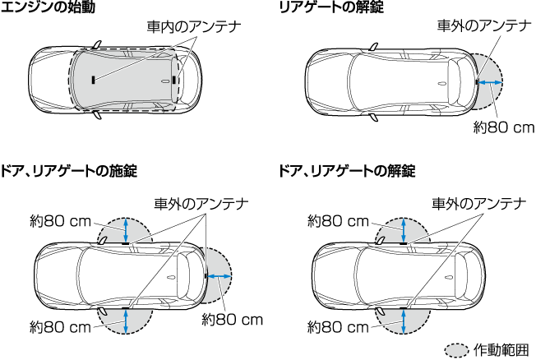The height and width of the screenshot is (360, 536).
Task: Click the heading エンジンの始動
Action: [x=53, y=9]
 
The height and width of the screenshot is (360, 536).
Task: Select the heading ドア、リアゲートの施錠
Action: [x=71, y=171]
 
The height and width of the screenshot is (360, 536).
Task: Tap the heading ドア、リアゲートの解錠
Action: [x=347, y=171]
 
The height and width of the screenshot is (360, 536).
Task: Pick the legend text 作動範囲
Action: [x=501, y=349]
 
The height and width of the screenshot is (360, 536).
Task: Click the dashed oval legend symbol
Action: [x=456, y=349]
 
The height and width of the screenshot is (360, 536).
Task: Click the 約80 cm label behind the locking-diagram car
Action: [x=233, y=319]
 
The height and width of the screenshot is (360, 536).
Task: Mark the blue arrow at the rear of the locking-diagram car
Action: [x=218, y=277]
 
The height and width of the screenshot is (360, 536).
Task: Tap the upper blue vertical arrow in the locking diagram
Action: [x=125, y=230]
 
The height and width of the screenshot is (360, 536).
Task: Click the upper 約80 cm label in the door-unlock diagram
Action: [x=339, y=220]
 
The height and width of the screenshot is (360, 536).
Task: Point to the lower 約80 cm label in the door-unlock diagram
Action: [x=339, y=326]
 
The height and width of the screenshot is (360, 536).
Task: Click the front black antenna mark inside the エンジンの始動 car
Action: [x=94, y=80]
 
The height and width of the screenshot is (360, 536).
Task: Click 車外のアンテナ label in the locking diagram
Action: [x=201, y=202]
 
